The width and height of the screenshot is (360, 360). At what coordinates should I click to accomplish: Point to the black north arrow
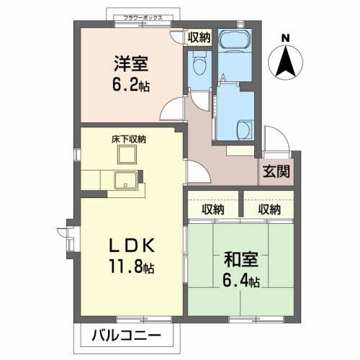pos(286,60)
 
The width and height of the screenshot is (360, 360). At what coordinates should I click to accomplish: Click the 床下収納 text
pos(129,139)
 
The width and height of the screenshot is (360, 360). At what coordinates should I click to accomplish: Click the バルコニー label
pos(126,335)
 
